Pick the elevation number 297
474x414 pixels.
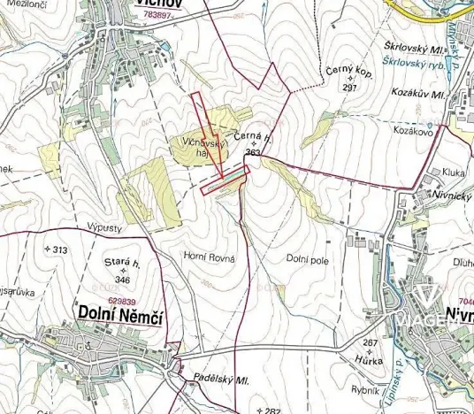coord(349,88)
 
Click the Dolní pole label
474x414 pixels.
coord(307,258)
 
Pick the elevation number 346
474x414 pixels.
coord(122,280)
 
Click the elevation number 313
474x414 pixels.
coord(59,250)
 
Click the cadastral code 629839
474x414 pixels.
coord(122,301)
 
